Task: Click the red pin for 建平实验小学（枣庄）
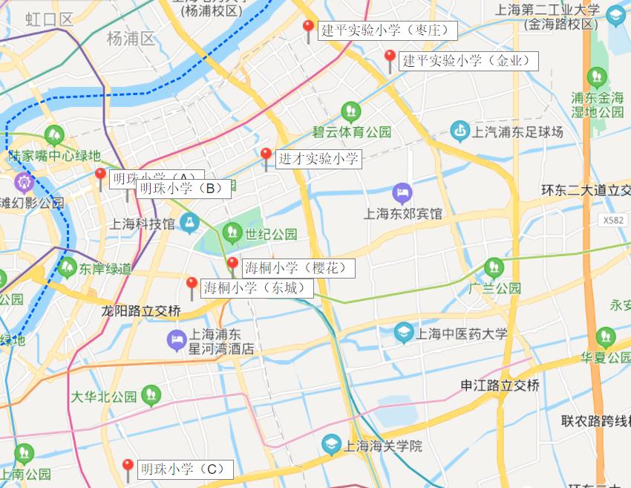click(x=308, y=27)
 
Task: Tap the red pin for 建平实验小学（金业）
click(x=390, y=57)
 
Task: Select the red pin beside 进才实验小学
click(x=266, y=155)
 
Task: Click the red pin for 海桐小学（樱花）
click(x=232, y=264)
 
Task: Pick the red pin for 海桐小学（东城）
click(x=192, y=284)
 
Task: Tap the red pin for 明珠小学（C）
click(x=128, y=466)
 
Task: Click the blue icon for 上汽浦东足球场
click(x=460, y=132)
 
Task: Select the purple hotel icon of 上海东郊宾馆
click(x=402, y=194)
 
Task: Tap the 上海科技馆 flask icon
click(x=189, y=222)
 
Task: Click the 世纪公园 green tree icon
click(x=232, y=233)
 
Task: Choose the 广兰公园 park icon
click(x=494, y=268)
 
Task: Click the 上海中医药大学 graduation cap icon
click(x=405, y=333)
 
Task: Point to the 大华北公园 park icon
click(x=151, y=396)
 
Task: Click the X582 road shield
click(x=614, y=220)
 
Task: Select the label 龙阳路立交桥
click(x=141, y=311)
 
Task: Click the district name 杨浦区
click(x=131, y=39)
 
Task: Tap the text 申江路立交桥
click(x=500, y=385)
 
